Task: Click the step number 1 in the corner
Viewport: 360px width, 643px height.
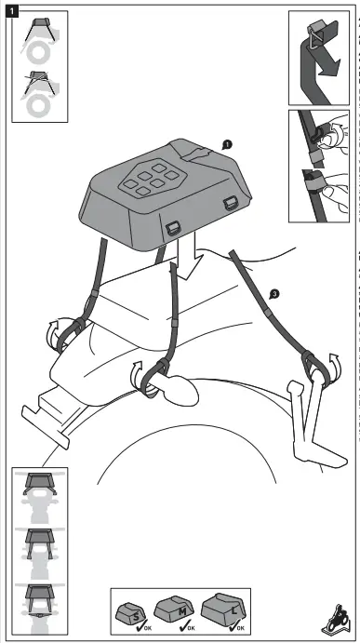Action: pyautogui.click(x=11, y=10)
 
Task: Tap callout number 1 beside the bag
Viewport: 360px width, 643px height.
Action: pyautogui.click(x=226, y=144)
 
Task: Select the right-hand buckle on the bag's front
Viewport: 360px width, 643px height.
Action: pyautogui.click(x=229, y=204)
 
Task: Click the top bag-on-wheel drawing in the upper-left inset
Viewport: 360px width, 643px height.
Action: pyautogui.click(x=35, y=39)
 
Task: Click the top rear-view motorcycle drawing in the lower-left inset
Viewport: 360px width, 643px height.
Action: pyautogui.click(x=40, y=494)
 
